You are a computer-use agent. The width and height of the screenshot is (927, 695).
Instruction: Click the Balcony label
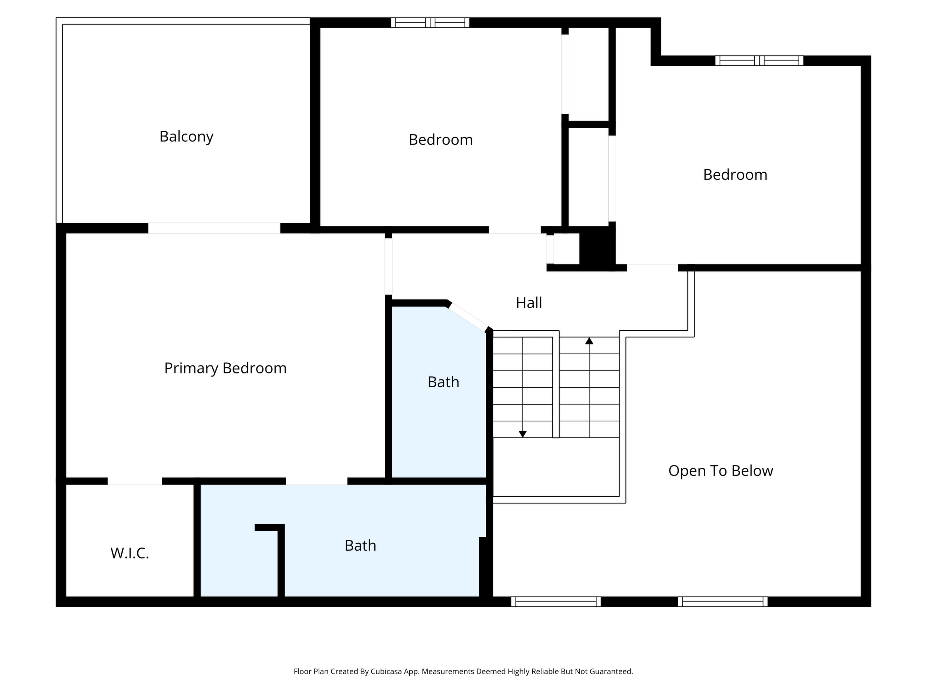(x=186, y=137)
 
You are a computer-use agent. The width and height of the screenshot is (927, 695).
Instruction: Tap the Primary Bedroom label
(x=225, y=368)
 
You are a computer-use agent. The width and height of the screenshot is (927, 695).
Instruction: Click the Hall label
(x=529, y=303)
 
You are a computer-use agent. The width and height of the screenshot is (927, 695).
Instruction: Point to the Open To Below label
(x=721, y=471)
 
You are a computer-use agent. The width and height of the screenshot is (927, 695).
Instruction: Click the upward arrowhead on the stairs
(x=589, y=341)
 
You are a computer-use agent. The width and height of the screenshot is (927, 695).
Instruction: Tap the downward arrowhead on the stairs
(x=523, y=434)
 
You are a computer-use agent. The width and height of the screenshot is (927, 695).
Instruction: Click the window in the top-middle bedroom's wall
(x=430, y=23)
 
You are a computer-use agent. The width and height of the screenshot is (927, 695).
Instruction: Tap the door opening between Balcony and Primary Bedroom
(x=214, y=228)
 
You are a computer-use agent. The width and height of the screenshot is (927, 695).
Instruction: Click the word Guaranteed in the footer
(x=611, y=672)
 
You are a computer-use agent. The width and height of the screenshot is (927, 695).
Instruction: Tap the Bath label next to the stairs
(x=443, y=382)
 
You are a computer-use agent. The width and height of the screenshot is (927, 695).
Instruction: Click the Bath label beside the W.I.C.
(x=360, y=545)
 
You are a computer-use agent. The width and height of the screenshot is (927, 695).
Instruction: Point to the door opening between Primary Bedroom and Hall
(x=388, y=267)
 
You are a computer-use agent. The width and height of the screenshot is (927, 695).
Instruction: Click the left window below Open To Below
(x=556, y=601)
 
